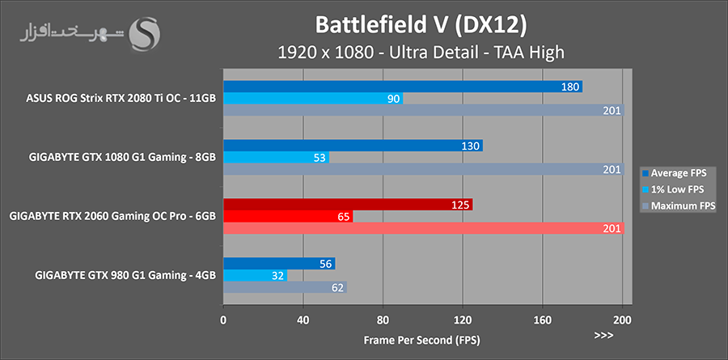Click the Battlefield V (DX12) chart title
click(420, 25)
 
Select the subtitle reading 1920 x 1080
click(420, 53)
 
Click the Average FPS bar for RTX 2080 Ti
click(402, 87)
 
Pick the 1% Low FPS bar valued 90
click(312, 99)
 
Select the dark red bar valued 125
click(347, 205)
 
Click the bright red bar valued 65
click(287, 217)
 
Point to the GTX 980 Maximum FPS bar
click(284, 287)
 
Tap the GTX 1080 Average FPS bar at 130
click(352, 146)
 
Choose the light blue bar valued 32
click(254, 275)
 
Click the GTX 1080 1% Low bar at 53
click(275, 158)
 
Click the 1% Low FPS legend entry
click(675, 189)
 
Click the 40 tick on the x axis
click(303, 319)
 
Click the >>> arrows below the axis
click(603, 336)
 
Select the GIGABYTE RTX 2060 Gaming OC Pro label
click(112, 217)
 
